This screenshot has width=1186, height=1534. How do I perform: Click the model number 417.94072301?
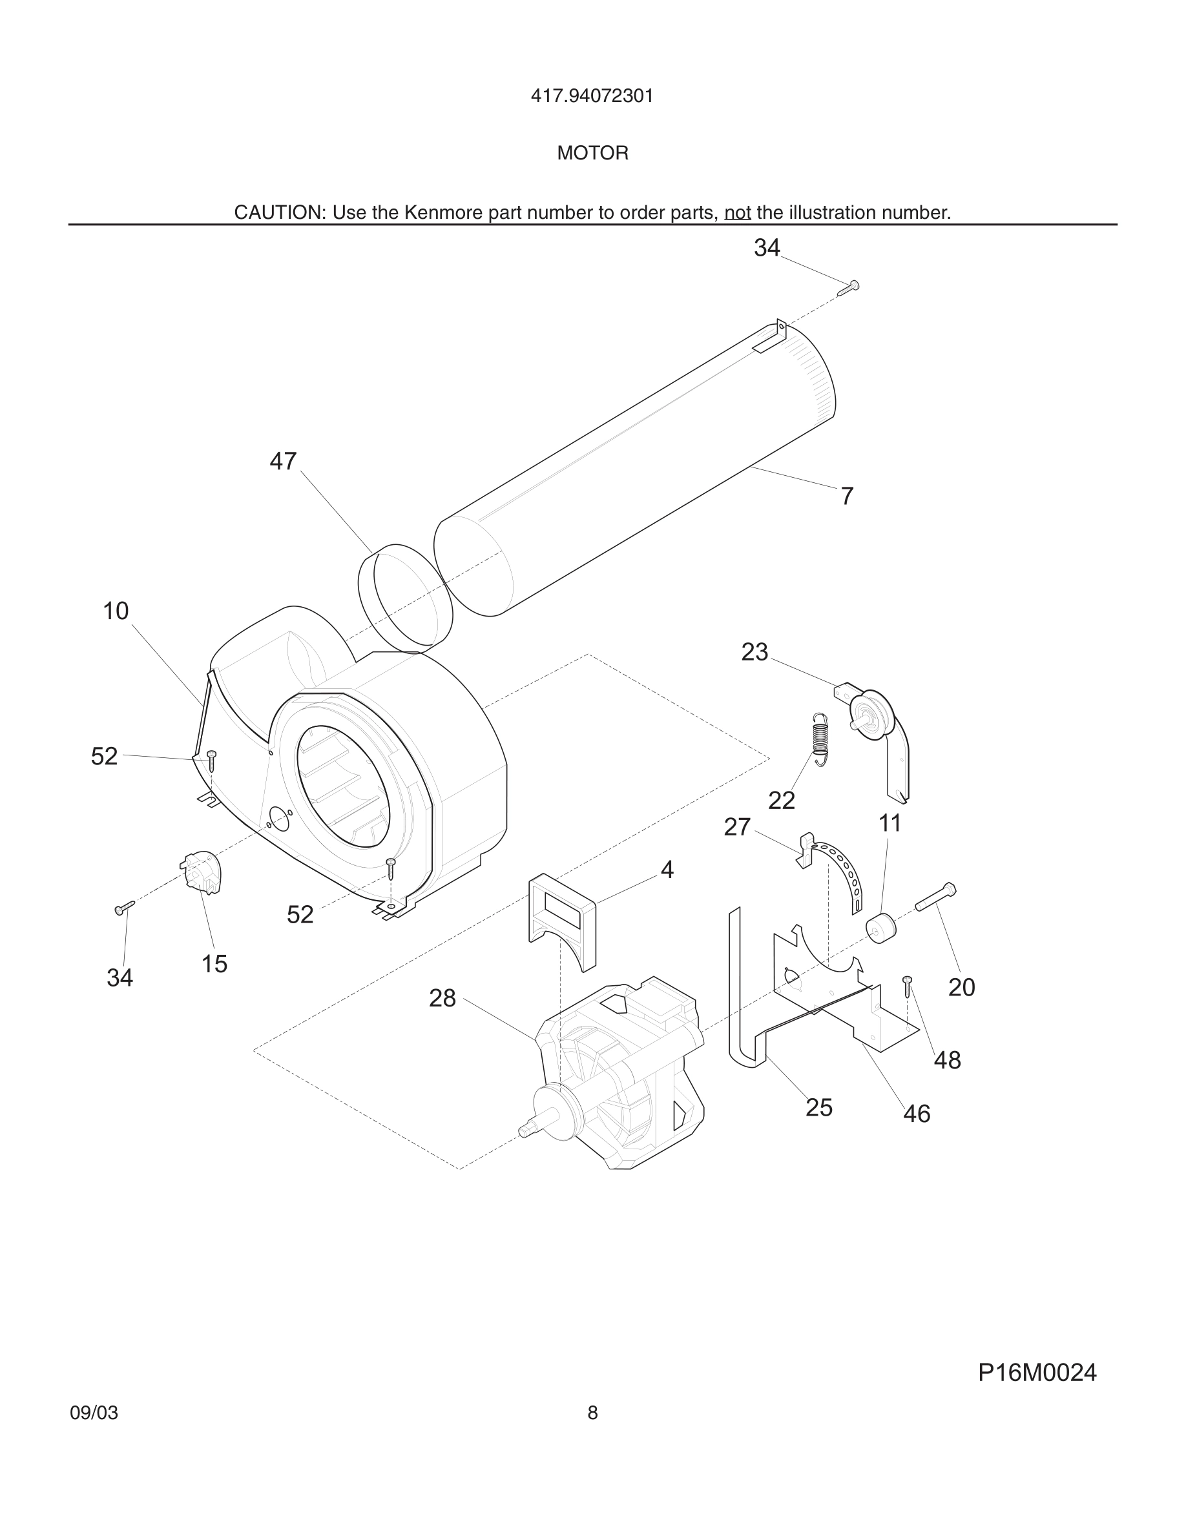coord(592,96)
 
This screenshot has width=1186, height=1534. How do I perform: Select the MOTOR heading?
coord(592,153)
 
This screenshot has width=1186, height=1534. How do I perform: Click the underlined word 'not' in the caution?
coord(737,213)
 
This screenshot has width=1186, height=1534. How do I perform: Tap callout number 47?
coord(283,462)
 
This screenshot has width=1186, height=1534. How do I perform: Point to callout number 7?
coord(847,496)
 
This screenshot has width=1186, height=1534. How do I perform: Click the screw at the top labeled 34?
coord(849,287)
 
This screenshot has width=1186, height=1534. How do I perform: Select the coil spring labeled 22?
coord(820,738)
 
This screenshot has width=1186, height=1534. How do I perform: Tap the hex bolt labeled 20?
coord(935,897)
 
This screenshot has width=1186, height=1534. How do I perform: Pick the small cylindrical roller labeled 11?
coord(881,928)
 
